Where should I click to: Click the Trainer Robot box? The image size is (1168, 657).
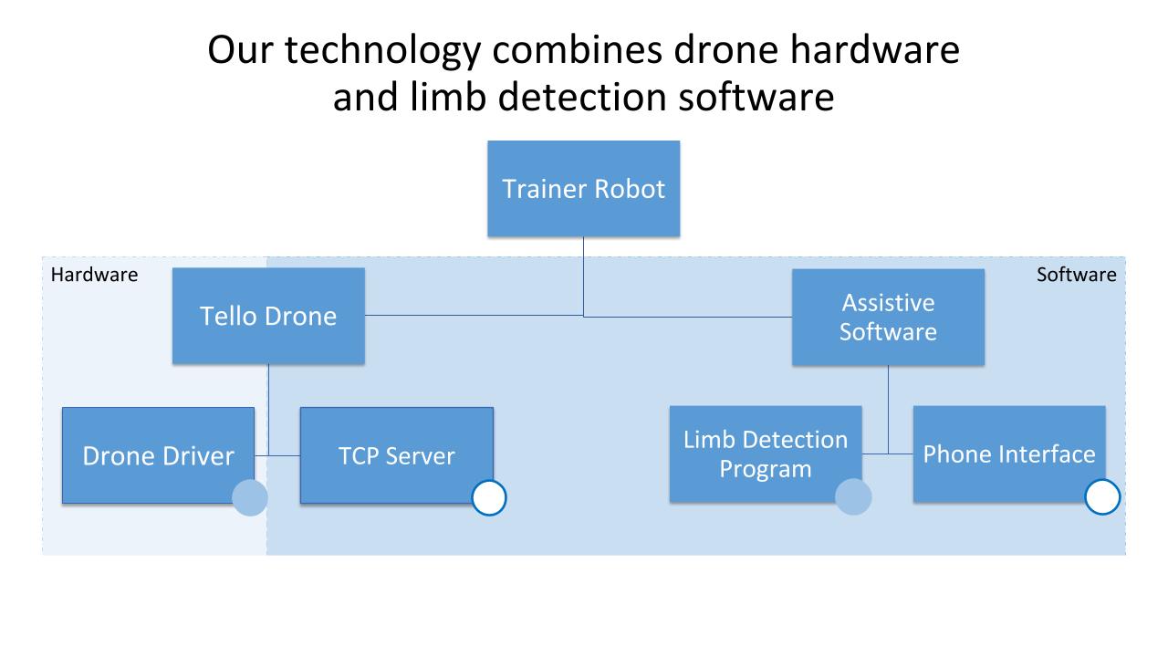583,189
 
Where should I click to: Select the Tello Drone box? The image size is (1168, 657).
268,316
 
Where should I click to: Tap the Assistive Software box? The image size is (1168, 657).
888,317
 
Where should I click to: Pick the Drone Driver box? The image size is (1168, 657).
158,455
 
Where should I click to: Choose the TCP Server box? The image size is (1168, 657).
396,455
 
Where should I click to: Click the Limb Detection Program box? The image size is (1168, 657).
765,454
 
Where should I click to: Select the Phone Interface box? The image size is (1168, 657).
1008,454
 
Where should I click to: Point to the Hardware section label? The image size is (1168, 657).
94,275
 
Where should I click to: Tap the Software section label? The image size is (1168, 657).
1076,275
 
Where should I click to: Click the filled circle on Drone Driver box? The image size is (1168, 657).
250,498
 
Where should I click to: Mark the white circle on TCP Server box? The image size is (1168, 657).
489,498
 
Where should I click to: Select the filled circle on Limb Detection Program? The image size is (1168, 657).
853,497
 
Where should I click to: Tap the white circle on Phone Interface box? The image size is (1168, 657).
1102,497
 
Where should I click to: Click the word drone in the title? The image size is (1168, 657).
719,50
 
